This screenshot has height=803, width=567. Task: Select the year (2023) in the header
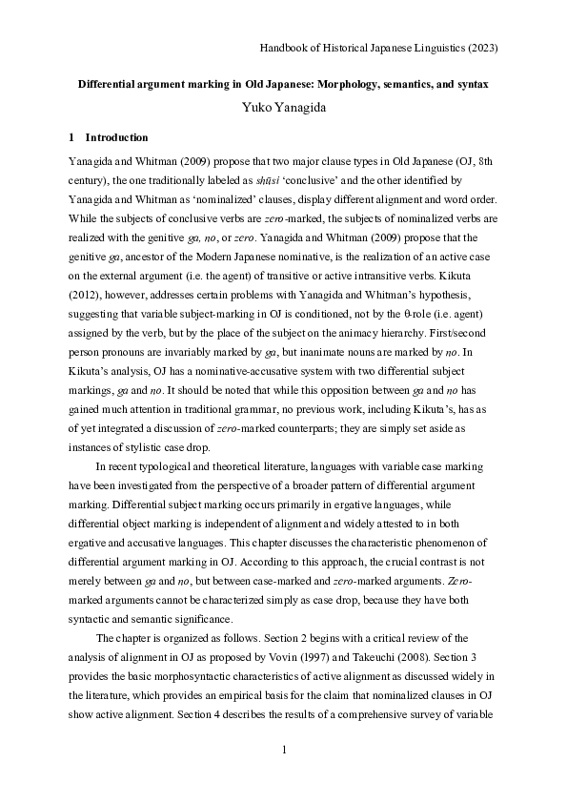tap(480, 47)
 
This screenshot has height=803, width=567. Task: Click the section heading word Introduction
tap(119, 137)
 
